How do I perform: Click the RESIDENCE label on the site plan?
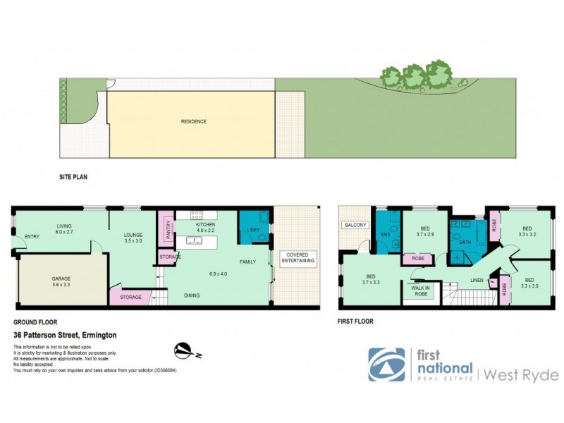coord(193,121)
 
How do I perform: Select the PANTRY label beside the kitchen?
coord(168,231)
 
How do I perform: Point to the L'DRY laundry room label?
coord(252,230)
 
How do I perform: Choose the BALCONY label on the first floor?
coord(353,226)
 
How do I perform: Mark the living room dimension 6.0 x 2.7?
coord(66,231)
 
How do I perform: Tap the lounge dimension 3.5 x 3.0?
coord(133,240)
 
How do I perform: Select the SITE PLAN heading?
coord(73,178)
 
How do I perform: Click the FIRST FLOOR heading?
coord(356,321)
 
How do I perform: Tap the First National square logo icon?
coord(386,364)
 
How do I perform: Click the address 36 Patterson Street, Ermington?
coord(64,335)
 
